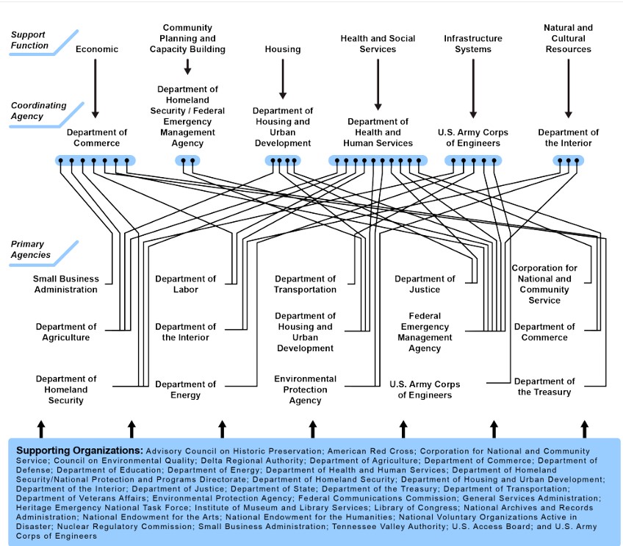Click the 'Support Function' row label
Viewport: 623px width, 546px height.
tap(29, 40)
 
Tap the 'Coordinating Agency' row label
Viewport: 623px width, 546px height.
tap(38, 111)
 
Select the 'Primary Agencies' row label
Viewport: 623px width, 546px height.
tap(31, 250)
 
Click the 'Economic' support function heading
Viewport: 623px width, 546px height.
tap(97, 49)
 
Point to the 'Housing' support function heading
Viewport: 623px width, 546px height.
tap(283, 49)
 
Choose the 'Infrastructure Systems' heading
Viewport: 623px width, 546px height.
tap(473, 43)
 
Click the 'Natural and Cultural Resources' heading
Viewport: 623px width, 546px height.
tap(568, 38)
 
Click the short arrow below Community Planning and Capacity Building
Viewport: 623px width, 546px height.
tap(187, 67)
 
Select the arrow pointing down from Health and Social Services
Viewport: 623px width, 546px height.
tap(378, 85)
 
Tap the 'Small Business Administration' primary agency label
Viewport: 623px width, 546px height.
tap(66, 284)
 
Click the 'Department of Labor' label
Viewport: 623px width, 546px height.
tap(186, 284)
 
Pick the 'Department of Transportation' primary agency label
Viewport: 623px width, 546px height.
tap(305, 284)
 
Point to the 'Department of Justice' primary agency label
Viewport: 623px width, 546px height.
tap(425, 284)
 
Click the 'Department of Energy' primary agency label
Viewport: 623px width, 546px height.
tap(186, 389)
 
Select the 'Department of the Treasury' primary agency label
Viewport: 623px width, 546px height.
tap(544, 387)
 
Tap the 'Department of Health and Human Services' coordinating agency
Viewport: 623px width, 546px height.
tap(378, 132)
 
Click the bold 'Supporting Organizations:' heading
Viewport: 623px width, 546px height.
tap(79, 450)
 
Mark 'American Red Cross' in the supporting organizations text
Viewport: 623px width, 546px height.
tap(371, 451)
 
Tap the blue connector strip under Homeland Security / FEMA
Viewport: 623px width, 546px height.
tap(187, 160)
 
